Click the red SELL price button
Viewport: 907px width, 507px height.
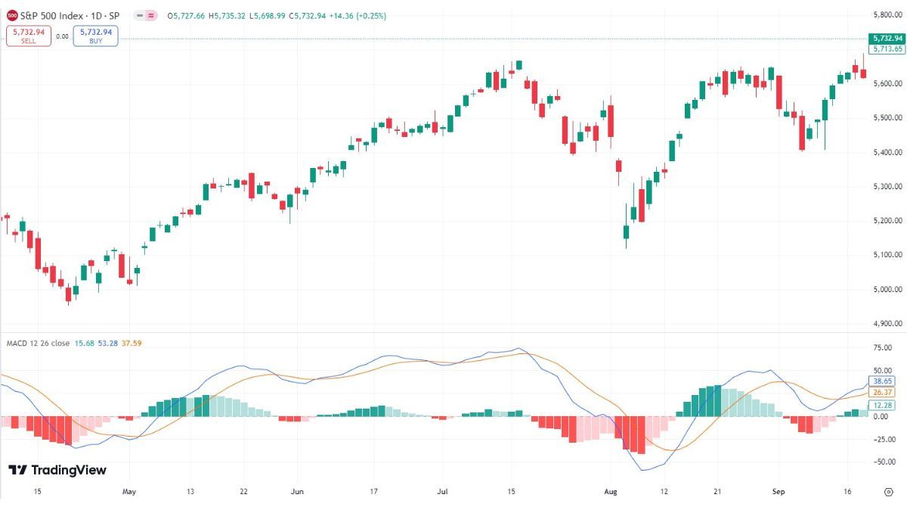pos(28,36)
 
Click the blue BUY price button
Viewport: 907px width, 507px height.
pos(95,36)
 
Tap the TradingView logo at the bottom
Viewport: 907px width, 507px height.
pos(58,470)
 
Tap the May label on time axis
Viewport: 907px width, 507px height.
pos(128,491)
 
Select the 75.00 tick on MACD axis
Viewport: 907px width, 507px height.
pos(882,347)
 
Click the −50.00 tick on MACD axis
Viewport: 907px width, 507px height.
pos(881,461)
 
